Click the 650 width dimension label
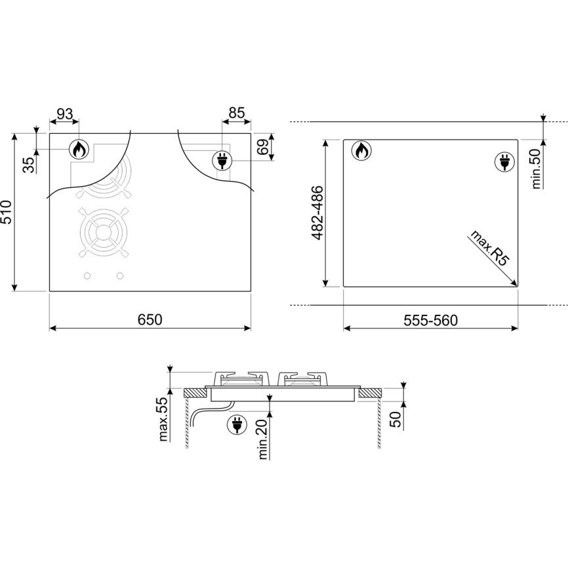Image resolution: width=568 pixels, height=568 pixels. pyautogui.click(x=150, y=319)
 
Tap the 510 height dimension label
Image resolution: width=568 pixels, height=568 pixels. pyautogui.click(x=7, y=212)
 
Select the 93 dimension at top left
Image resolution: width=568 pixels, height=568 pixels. pyautogui.click(x=65, y=113)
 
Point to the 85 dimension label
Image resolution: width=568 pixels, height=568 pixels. pyautogui.click(x=237, y=113)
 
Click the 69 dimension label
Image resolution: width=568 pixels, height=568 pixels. pyautogui.click(x=264, y=146)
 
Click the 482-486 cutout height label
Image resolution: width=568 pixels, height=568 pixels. pyautogui.click(x=317, y=213)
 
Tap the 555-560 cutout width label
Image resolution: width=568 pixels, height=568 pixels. pyautogui.click(x=431, y=320)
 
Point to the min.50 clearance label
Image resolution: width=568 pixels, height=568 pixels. pyautogui.click(x=537, y=169)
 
